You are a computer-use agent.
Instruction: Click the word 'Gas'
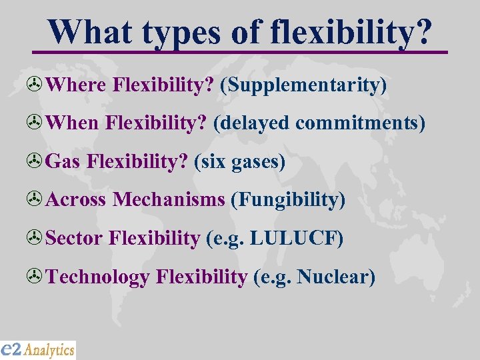pos(64,162)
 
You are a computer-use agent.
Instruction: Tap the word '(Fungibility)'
pos(288,200)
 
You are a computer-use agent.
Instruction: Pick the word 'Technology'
pos(99,276)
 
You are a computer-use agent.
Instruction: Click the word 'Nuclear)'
pos(337,276)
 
